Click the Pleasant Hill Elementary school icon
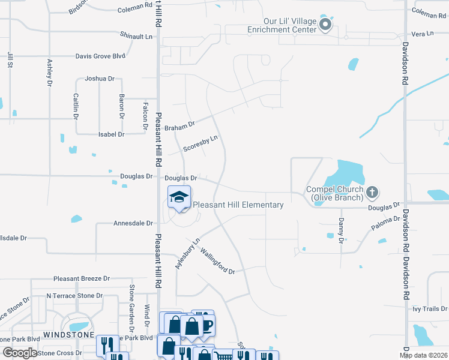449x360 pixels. [x=179, y=197]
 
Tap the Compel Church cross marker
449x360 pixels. [x=372, y=193]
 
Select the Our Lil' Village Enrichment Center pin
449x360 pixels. [x=325, y=25]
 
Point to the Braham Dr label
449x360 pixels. [x=181, y=125]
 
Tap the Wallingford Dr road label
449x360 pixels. [x=217, y=260]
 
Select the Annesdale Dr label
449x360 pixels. [x=133, y=223]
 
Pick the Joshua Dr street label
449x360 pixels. [x=99, y=79]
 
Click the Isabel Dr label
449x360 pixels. [x=111, y=134]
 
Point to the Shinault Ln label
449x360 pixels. [x=137, y=36]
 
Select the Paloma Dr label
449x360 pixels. [x=385, y=224]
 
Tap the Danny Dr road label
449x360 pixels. [x=340, y=229]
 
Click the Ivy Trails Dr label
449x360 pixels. [x=429, y=309]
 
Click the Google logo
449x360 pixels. [x=20, y=353]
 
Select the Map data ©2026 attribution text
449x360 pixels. [x=423, y=355]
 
